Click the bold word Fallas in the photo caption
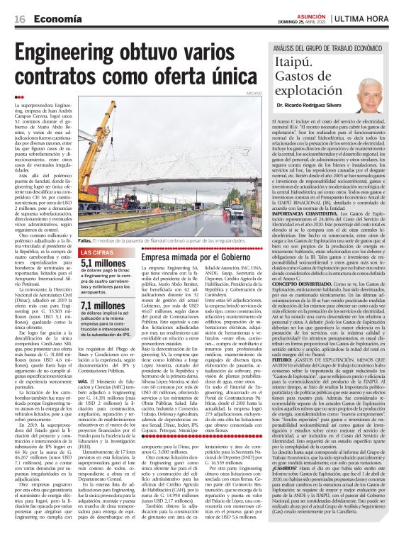pyautogui.click(x=86, y=240)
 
